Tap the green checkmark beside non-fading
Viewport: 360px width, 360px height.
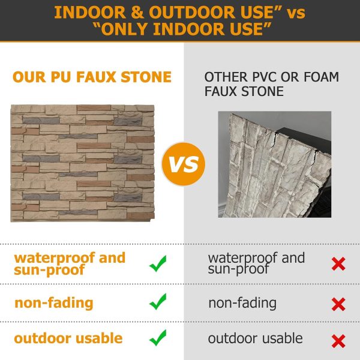pyautogui.click(x=158, y=302)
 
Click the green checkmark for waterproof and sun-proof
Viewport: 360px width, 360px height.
pyautogui.click(x=158, y=263)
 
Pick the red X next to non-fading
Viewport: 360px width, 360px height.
pyautogui.click(x=338, y=304)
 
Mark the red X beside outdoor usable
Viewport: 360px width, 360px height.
pyautogui.click(x=338, y=341)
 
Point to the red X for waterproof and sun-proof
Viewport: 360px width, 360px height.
pyautogui.click(x=338, y=263)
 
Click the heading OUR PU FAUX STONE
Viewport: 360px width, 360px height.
pyautogui.click(x=92, y=77)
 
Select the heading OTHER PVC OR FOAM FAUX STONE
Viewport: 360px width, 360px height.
pyautogui.click(x=271, y=85)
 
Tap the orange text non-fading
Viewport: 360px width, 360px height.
pyautogui.click(x=54, y=302)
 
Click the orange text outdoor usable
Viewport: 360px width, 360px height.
pyautogui.click(x=68, y=338)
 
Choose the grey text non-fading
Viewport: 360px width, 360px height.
pyautogui.click(x=242, y=303)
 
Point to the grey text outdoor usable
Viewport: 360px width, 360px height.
pyautogui.click(x=256, y=338)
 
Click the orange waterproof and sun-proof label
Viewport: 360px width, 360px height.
pyautogui.click(x=70, y=263)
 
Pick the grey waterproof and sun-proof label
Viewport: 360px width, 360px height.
pyautogui.click(x=256, y=263)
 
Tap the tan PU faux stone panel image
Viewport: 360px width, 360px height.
pyautogui.click(x=83, y=163)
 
